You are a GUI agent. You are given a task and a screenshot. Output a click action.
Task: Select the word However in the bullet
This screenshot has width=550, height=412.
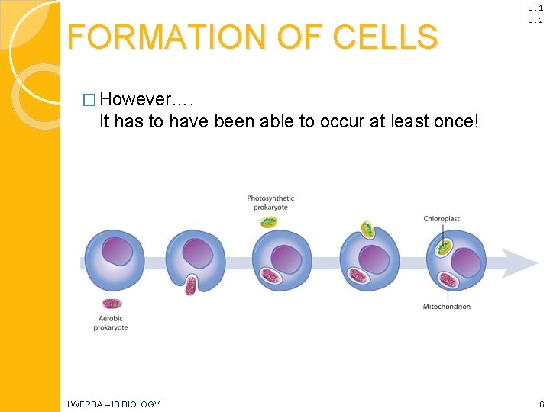(141, 100)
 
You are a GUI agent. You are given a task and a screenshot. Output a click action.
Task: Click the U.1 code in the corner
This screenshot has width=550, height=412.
(535, 8)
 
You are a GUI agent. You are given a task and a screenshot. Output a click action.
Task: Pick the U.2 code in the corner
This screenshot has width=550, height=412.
(535, 21)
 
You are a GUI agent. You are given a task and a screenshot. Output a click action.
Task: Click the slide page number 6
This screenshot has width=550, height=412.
(540, 404)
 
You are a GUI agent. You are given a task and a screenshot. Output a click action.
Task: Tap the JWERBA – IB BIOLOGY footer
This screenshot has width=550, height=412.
(112, 404)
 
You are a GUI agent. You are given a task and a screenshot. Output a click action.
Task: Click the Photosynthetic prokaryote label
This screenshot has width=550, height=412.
(270, 203)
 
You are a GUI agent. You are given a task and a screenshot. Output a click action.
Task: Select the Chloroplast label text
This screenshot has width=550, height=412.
(442, 219)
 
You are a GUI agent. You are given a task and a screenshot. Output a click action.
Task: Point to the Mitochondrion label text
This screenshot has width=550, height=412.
(447, 307)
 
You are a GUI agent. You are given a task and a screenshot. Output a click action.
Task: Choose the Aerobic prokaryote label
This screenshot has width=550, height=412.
(111, 323)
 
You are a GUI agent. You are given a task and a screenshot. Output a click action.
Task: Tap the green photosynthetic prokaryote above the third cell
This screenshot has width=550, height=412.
(269, 222)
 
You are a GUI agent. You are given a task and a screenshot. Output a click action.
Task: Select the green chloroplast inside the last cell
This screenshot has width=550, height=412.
(444, 246)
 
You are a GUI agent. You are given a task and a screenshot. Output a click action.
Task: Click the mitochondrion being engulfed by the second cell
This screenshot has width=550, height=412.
(192, 285)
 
